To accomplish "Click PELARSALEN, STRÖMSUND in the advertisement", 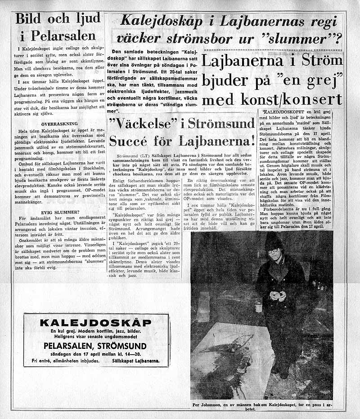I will tap(95, 346).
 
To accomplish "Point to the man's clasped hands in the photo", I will tap(276, 295).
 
